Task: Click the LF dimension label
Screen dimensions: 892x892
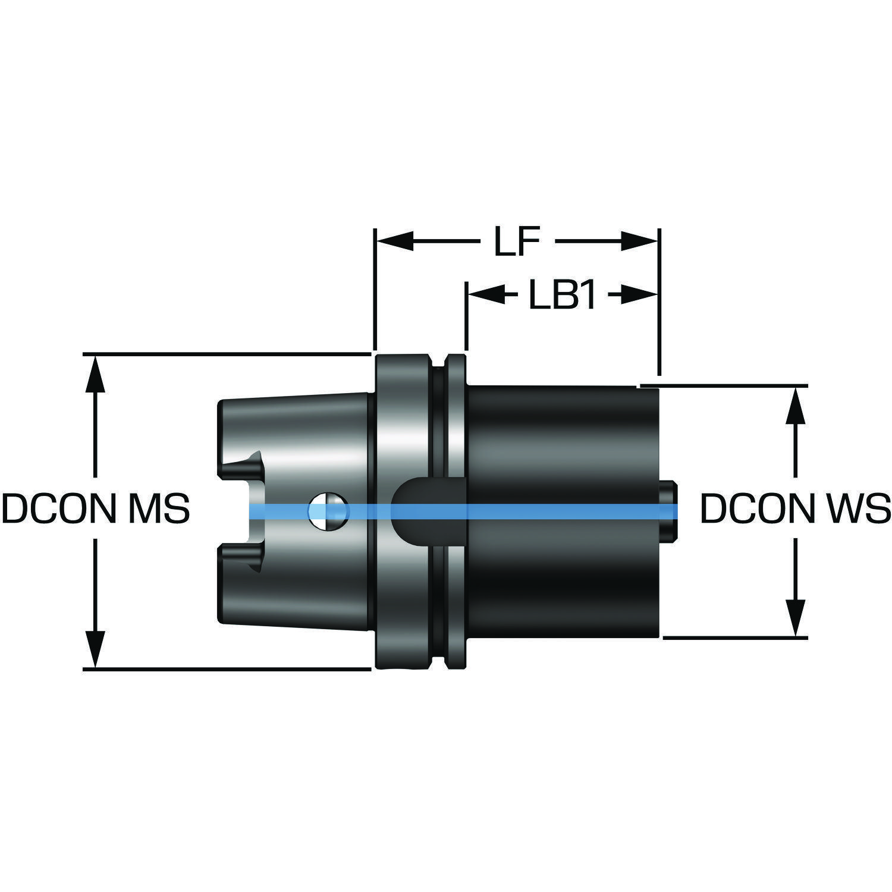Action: (517, 241)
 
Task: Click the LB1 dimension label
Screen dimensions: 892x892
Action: (562, 295)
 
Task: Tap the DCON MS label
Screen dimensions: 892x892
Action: (96, 509)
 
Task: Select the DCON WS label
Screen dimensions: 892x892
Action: (795, 509)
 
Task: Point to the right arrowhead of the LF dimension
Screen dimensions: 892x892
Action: (639, 241)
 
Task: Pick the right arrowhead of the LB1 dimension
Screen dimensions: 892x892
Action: (639, 295)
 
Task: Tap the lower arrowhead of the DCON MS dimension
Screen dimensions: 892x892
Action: (95, 649)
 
